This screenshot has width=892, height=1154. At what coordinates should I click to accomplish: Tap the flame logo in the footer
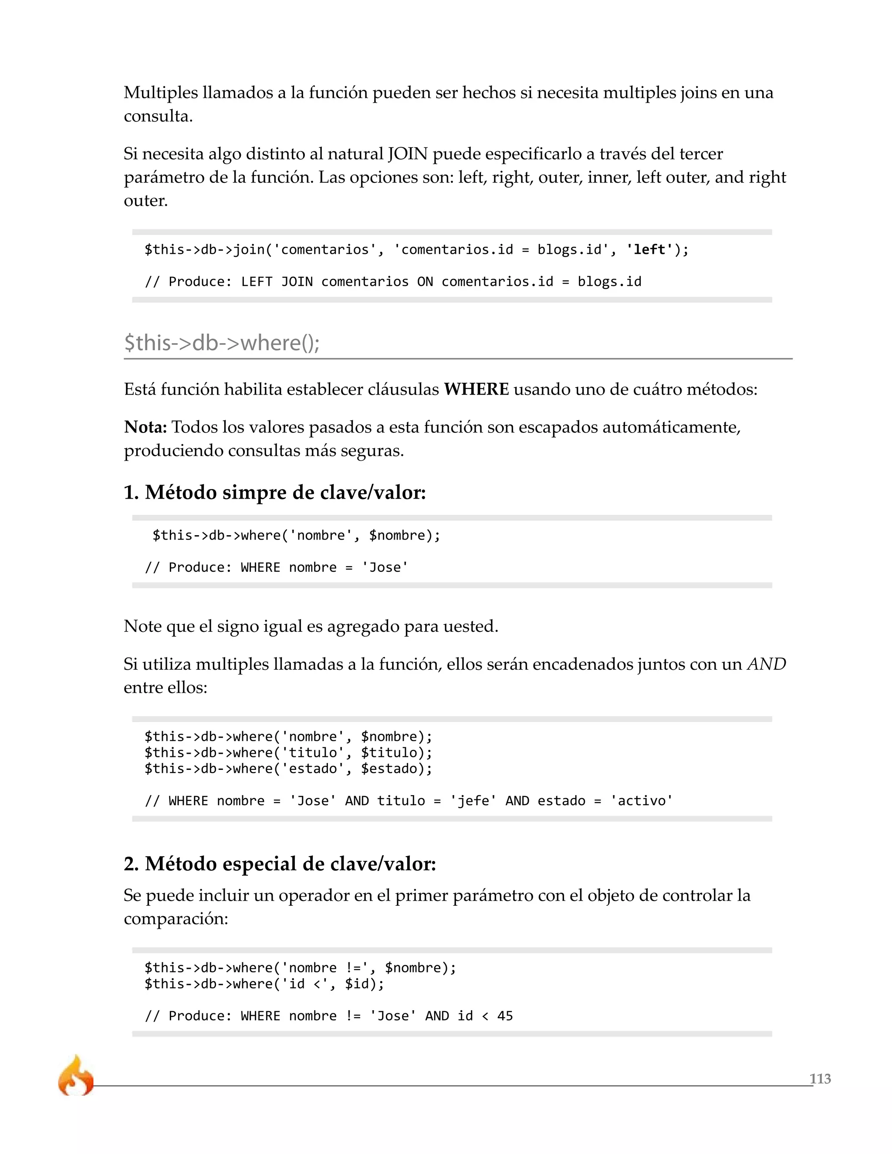pos(75,1076)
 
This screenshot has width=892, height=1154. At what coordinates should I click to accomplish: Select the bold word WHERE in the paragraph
pos(476,389)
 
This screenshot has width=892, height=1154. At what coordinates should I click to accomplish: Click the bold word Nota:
pos(145,426)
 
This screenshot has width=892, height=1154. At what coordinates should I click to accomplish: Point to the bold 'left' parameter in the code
pos(649,250)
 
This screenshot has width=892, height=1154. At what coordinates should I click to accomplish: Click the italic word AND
pos(766,664)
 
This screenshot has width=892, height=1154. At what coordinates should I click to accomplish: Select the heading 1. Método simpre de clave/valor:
pos(274,492)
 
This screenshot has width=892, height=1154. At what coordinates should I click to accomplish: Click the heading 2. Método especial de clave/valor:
pos(280,864)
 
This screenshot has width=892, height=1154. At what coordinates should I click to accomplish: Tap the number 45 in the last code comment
pos(505,1016)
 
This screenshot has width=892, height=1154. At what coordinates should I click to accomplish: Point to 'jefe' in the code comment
pos(473,800)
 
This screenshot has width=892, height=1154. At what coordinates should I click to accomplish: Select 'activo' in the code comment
pos(641,800)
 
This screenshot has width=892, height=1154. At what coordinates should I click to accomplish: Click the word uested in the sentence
pos(469,626)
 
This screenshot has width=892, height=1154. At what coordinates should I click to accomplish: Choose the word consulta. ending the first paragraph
pos(158,116)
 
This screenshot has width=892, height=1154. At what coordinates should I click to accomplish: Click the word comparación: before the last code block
pos(176,918)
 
